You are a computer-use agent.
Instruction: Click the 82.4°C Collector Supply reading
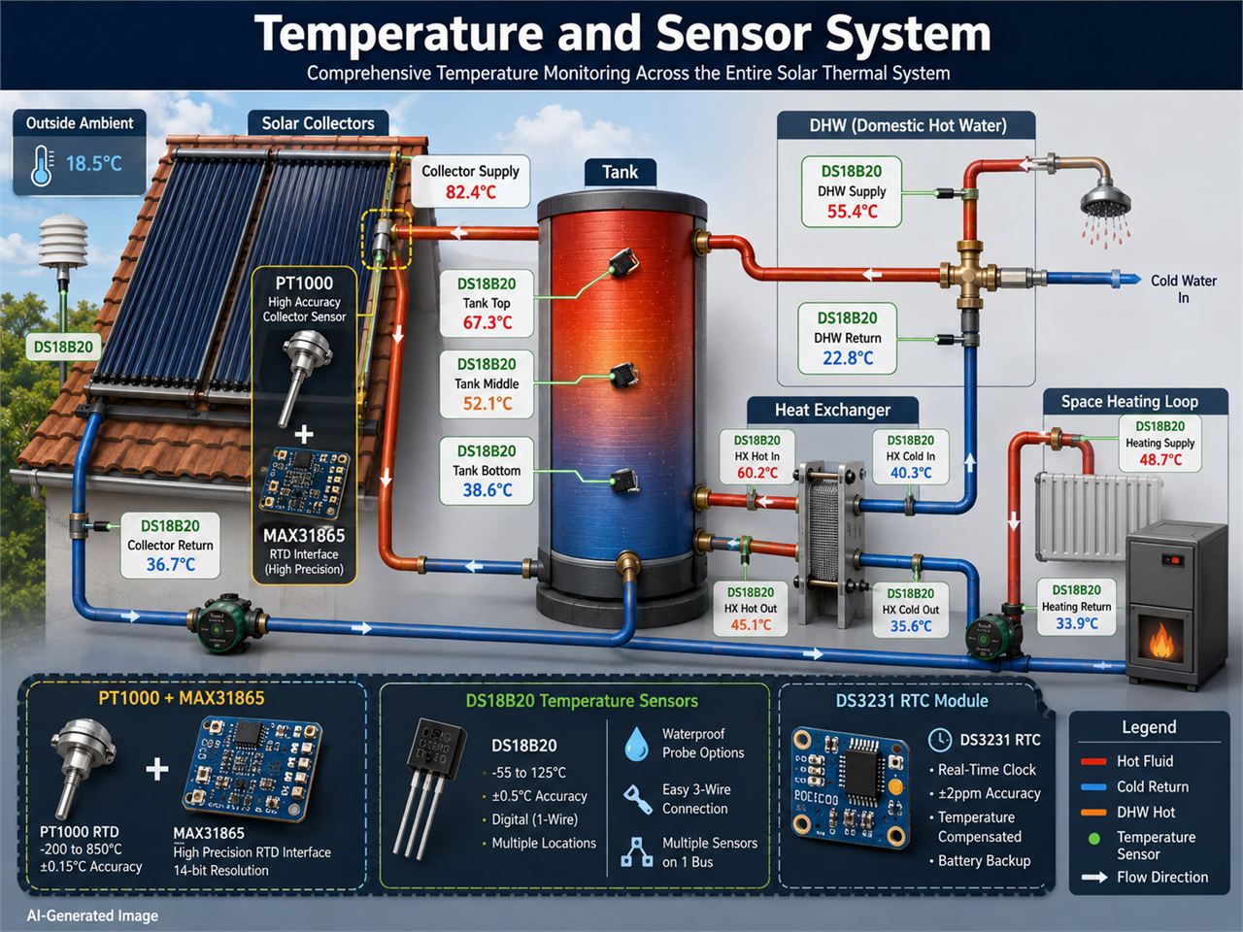coord(471,192)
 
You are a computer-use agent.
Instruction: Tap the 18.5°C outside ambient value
coord(94,164)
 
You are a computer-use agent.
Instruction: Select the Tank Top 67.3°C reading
coord(487,322)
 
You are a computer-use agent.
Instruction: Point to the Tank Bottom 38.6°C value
coord(487,490)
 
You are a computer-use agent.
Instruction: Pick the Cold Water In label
coord(1184,288)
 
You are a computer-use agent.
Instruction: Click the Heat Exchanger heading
coord(832,410)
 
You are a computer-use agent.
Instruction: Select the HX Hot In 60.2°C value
coord(757,473)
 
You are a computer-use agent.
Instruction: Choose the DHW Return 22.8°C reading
coord(848,358)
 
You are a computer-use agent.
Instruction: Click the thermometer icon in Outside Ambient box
coord(43,165)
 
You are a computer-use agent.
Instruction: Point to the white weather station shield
coord(63,242)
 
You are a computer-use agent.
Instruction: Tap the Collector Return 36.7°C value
coord(171,564)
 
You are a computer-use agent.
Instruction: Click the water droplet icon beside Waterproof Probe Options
coord(636,744)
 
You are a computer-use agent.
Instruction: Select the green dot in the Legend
coord(1094,839)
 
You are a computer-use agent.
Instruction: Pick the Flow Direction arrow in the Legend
coord(1094,878)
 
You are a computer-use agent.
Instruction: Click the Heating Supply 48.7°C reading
coord(1160,459)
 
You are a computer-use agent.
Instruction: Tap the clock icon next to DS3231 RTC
coord(939,740)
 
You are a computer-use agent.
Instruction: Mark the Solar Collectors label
coord(318,123)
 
